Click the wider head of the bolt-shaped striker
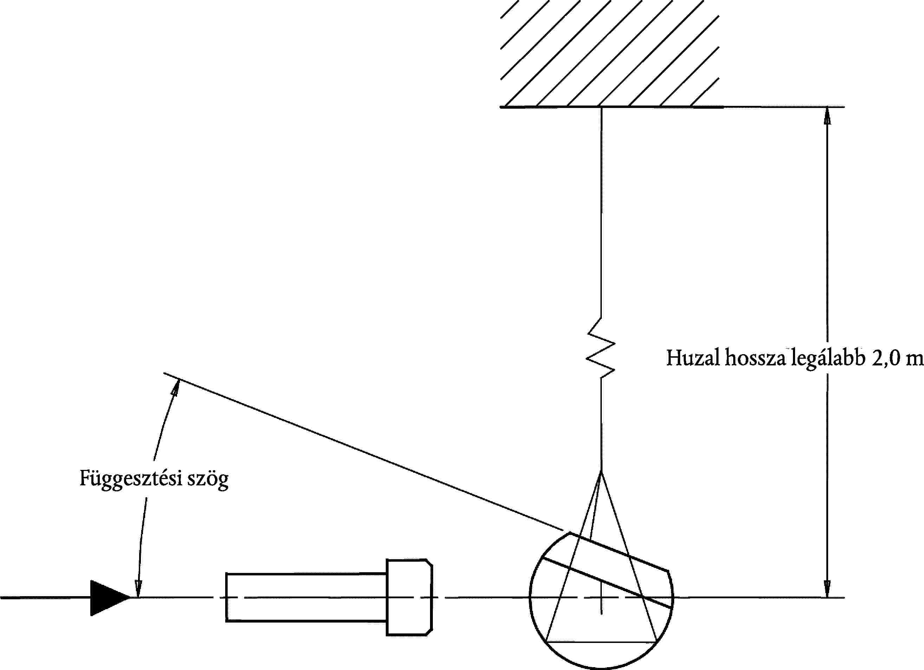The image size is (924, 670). [x=409, y=598]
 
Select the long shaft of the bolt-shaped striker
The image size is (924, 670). [x=306, y=598]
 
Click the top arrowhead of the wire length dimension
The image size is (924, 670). [x=827, y=116]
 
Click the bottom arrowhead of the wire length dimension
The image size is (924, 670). [x=827, y=589]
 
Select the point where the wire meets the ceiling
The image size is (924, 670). [x=601, y=107]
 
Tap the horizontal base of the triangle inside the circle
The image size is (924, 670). [x=601, y=642]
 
